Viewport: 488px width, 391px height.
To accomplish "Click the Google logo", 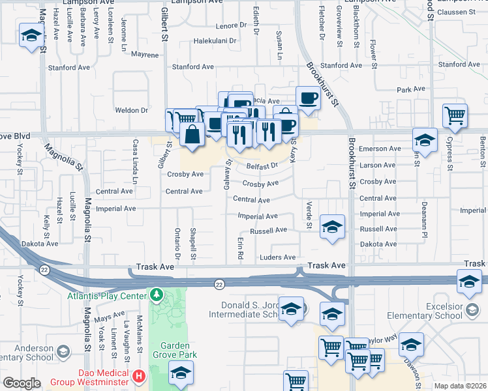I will (x=22, y=383).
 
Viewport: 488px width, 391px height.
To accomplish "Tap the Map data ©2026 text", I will (x=459, y=386).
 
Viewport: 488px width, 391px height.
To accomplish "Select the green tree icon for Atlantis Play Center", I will (x=156, y=295).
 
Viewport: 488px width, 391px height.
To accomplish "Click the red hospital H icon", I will (x=138, y=376).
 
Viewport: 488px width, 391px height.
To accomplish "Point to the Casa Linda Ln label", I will (x=136, y=160).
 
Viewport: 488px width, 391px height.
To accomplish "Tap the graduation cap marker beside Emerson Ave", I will (x=425, y=140).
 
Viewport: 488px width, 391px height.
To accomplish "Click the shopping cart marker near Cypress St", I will (x=455, y=116).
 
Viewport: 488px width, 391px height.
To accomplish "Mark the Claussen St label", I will (x=457, y=12).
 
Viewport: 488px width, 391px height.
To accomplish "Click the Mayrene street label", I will (x=145, y=55).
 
